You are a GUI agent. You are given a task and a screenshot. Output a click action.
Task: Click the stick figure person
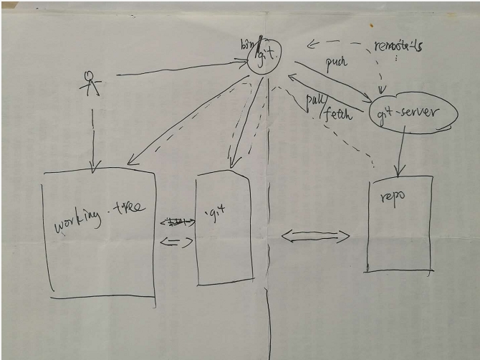tap(90, 83)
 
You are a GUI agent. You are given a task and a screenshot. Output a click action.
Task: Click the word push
tap(335, 62)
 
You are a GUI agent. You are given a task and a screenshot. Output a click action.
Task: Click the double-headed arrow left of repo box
tap(315, 236)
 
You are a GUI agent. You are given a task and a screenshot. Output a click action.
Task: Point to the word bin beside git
tap(246, 43)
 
